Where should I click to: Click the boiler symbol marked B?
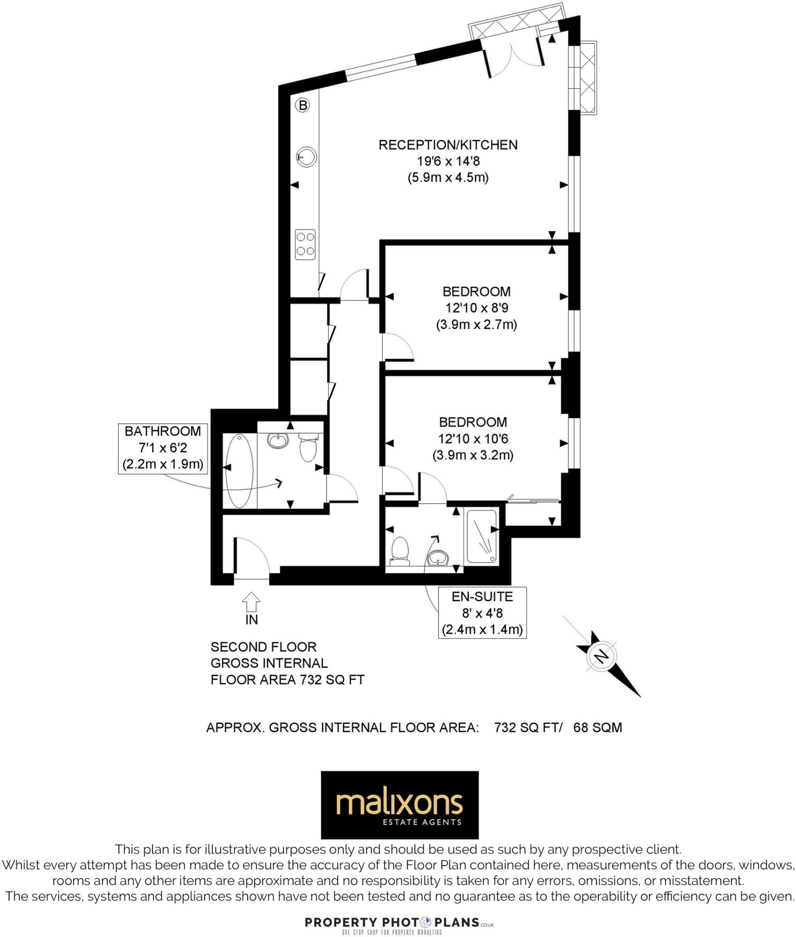302,106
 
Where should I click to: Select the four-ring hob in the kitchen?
305,244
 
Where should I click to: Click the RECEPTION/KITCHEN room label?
448,145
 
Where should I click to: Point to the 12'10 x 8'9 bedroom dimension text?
476,308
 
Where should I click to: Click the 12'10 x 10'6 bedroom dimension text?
473,439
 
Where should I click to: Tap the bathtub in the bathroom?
238,471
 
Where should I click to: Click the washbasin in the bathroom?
277,441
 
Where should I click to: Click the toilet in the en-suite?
400,551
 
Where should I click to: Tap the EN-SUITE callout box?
482,613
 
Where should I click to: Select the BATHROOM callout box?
162,448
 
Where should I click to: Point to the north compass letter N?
601,657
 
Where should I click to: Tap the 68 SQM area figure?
597,727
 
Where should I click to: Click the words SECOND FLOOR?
263,647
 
